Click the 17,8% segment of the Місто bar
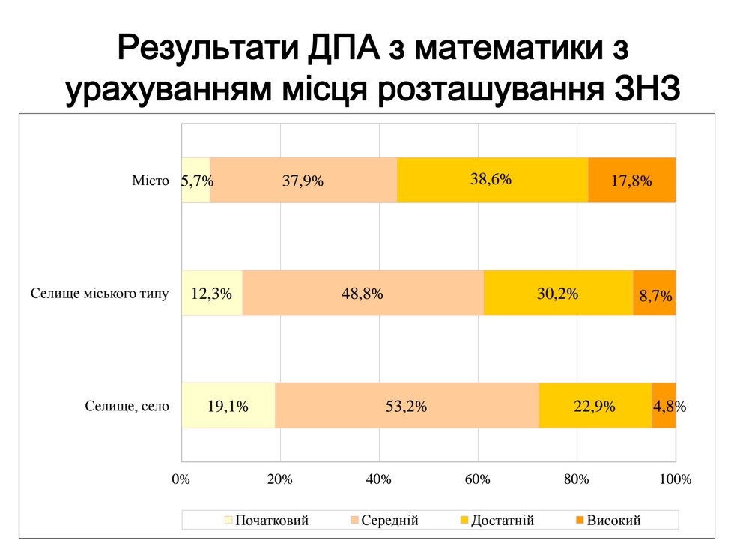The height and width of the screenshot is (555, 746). pos(631,180)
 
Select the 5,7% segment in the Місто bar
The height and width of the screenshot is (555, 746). pos(195,180)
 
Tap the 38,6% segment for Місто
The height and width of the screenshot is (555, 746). pos(492,180)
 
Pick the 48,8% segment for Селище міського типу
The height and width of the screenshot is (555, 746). pos(363,293)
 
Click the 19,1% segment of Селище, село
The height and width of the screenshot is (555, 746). pos(228,406)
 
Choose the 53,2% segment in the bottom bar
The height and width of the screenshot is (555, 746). pos(407,406)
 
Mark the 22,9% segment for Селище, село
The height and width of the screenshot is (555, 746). pos(595,406)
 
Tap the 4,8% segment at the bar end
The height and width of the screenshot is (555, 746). pos(664,406)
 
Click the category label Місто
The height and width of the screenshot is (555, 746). pos(151,181)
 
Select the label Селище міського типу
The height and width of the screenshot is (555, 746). pos(100,293)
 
